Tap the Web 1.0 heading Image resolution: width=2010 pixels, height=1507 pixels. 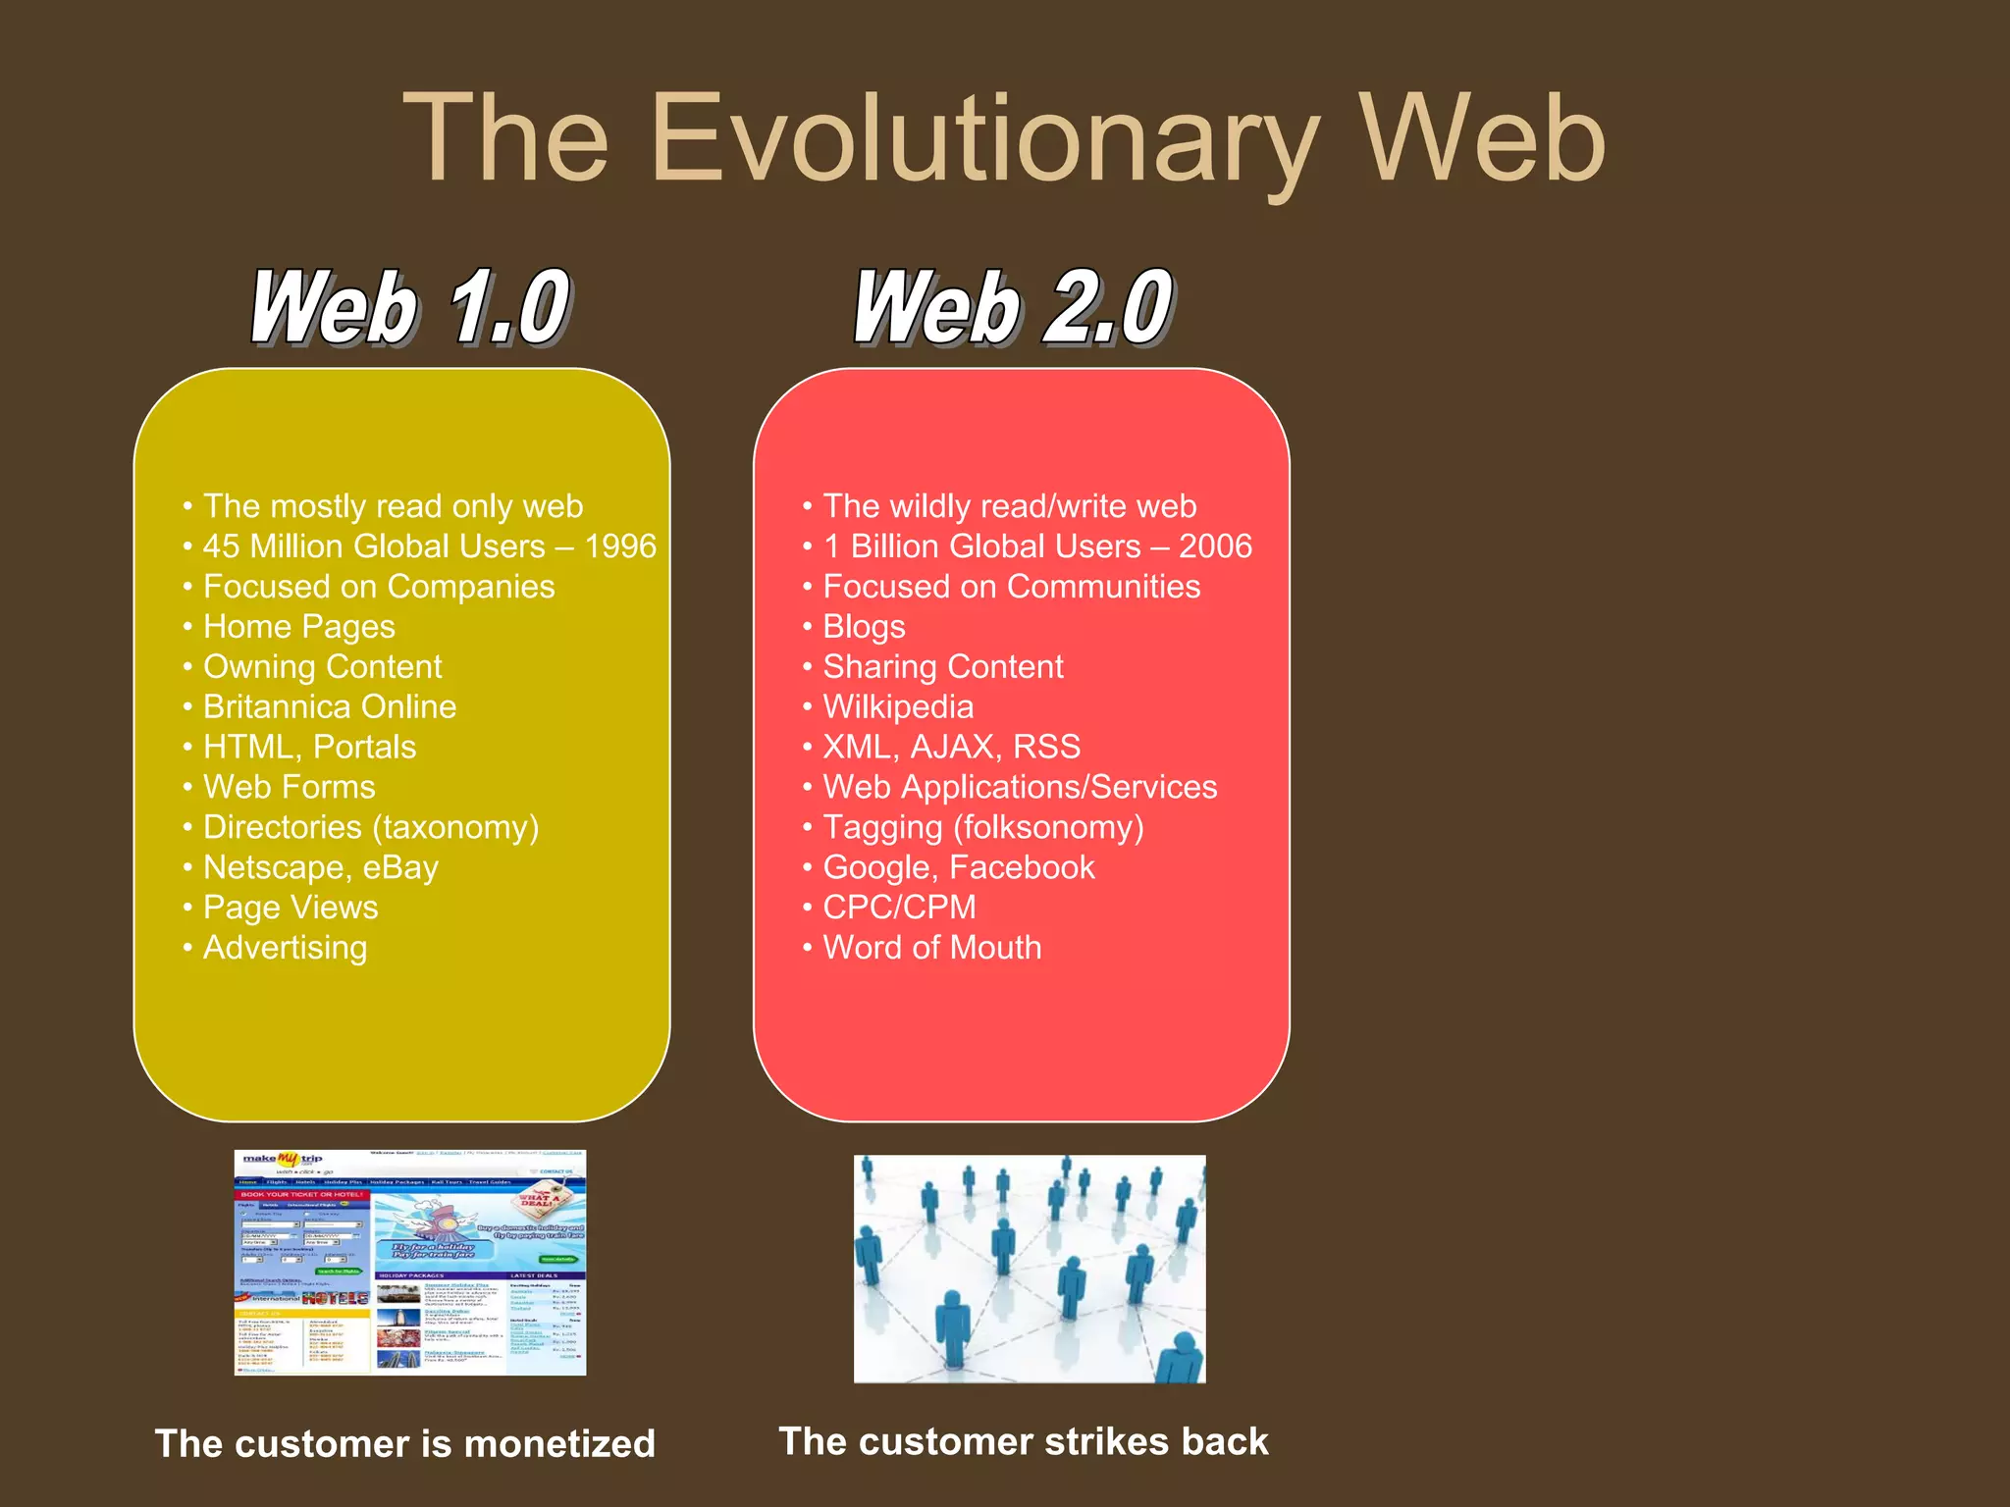click(410, 308)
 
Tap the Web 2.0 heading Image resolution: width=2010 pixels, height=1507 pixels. click(1013, 308)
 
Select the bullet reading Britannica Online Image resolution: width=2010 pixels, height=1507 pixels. click(329, 706)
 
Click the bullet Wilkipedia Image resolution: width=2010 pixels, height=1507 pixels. click(897, 706)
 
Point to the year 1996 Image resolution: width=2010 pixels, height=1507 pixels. click(620, 546)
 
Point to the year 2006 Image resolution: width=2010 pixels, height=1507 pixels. click(1215, 546)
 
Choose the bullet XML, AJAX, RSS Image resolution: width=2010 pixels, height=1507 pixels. click(951, 747)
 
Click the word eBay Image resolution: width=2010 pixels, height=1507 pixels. click(400, 867)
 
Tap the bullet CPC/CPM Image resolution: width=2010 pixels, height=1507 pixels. click(899, 908)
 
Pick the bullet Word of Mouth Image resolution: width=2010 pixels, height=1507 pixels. click(931, 948)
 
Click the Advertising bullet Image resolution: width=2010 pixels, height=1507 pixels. click(285, 948)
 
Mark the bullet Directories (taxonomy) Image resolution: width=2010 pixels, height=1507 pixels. click(370, 827)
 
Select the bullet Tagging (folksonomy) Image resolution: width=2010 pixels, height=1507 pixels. click(982, 827)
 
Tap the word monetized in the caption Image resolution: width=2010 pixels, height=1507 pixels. click(558, 1444)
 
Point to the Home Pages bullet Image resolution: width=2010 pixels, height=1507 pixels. click(298, 627)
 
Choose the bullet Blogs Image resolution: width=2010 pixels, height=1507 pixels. click(864, 627)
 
